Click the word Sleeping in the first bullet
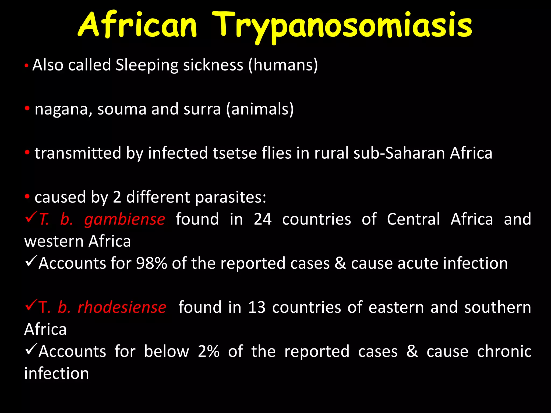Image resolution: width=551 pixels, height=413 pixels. pyautogui.click(x=147, y=65)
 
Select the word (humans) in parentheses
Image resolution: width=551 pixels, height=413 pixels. pyautogui.click(x=283, y=65)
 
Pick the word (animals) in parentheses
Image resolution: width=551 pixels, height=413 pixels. pyautogui.click(x=260, y=109)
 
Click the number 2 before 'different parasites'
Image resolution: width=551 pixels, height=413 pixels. pyautogui.click(x=117, y=197)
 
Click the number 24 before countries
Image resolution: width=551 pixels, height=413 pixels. pyautogui.click(x=263, y=219)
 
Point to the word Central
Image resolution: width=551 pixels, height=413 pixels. pyautogui.click(x=413, y=219)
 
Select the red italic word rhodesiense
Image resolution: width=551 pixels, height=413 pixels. pyautogui.click(x=122, y=307)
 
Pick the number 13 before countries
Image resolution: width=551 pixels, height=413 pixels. pyautogui.click(x=257, y=307)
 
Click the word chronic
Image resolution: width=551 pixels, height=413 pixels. pyautogui.click(x=504, y=351)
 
